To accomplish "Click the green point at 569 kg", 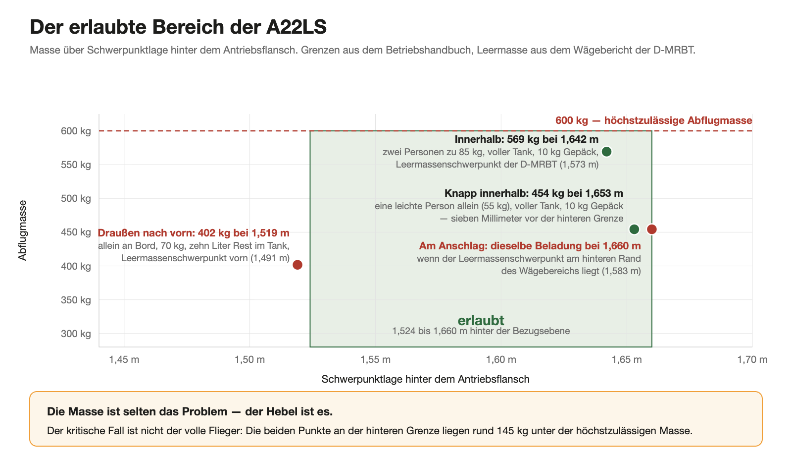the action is pyautogui.click(x=606, y=152).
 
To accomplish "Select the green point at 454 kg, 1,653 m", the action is pyautogui.click(x=634, y=230).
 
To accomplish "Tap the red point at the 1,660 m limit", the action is pyautogui.click(x=651, y=230).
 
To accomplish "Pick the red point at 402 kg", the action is pyautogui.click(x=297, y=265).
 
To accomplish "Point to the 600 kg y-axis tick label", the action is pyautogui.click(x=76, y=131).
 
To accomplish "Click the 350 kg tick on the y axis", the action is pyautogui.click(x=76, y=300).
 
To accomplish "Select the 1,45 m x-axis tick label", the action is pyautogui.click(x=124, y=360).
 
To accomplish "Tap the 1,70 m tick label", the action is pyautogui.click(x=752, y=360).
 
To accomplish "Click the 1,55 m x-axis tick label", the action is pyautogui.click(x=376, y=360).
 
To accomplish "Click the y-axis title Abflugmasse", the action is pyautogui.click(x=22, y=230).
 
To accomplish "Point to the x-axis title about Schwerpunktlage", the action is pyautogui.click(x=425, y=379).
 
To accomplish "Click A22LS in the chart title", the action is pyautogui.click(x=297, y=27).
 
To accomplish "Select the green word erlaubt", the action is pyautogui.click(x=481, y=320).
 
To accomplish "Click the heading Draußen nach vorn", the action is pyautogui.click(x=147, y=233).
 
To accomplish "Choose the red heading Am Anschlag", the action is pyautogui.click(x=453, y=246).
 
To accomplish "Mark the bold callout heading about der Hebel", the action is pyautogui.click(x=190, y=411).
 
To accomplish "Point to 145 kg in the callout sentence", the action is pyautogui.click(x=512, y=431).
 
